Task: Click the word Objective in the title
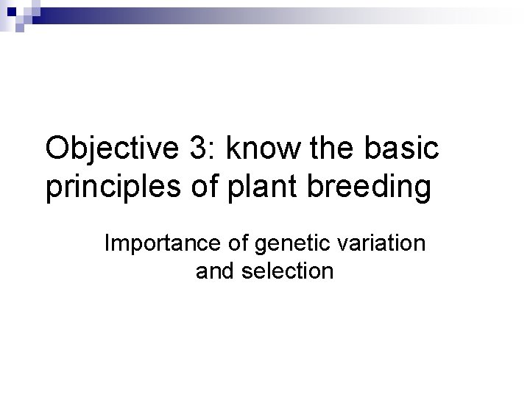click(110, 150)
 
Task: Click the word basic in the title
click(403, 150)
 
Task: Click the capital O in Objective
click(57, 150)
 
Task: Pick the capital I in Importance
click(107, 243)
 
